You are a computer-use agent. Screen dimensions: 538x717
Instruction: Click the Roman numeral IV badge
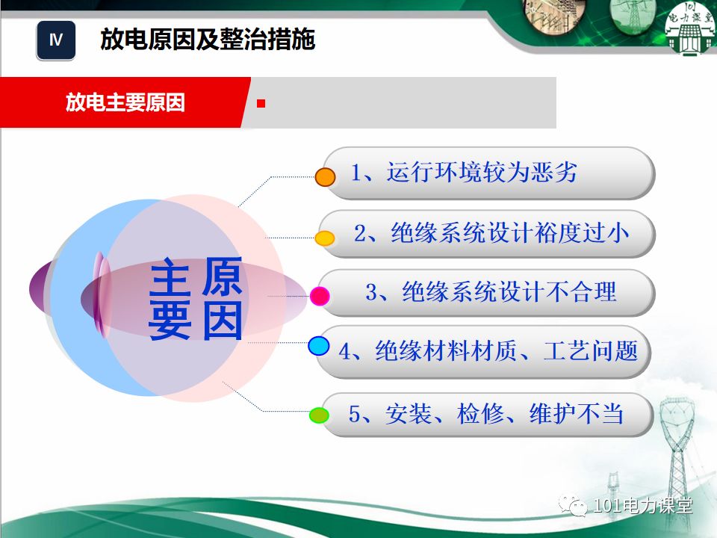tap(56, 40)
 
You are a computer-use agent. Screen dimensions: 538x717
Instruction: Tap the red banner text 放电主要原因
tap(125, 102)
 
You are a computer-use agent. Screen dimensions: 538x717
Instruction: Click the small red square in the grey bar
tap(261, 103)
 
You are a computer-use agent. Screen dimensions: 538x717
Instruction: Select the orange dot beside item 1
tap(325, 177)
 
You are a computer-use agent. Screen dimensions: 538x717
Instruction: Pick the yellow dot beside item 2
tap(324, 239)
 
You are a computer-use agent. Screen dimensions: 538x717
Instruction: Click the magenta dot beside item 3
tap(320, 296)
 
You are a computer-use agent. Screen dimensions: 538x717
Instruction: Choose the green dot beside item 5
tap(319, 415)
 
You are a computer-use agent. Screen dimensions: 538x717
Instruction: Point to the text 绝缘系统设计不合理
tap(491, 291)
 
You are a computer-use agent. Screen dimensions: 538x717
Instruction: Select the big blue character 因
tap(223, 322)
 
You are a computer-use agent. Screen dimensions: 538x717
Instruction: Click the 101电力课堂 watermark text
tap(643, 507)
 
